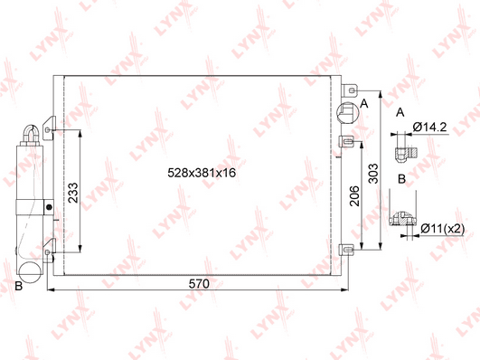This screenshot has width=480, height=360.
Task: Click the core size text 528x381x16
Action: [x=202, y=173]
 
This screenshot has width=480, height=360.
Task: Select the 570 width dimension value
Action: [x=199, y=284]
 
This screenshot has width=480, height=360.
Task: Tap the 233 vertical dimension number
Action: [x=73, y=193]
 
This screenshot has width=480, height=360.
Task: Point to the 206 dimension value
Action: [x=354, y=195]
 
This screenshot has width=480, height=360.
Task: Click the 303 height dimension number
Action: [x=372, y=174]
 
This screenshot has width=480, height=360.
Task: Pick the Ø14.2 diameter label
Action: [x=429, y=127]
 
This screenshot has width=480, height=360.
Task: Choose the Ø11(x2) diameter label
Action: [x=442, y=228]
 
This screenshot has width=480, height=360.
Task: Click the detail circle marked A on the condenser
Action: [x=347, y=113]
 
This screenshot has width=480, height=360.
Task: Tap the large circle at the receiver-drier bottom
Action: [x=30, y=272]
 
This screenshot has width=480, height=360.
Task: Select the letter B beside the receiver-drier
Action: [x=19, y=286]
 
